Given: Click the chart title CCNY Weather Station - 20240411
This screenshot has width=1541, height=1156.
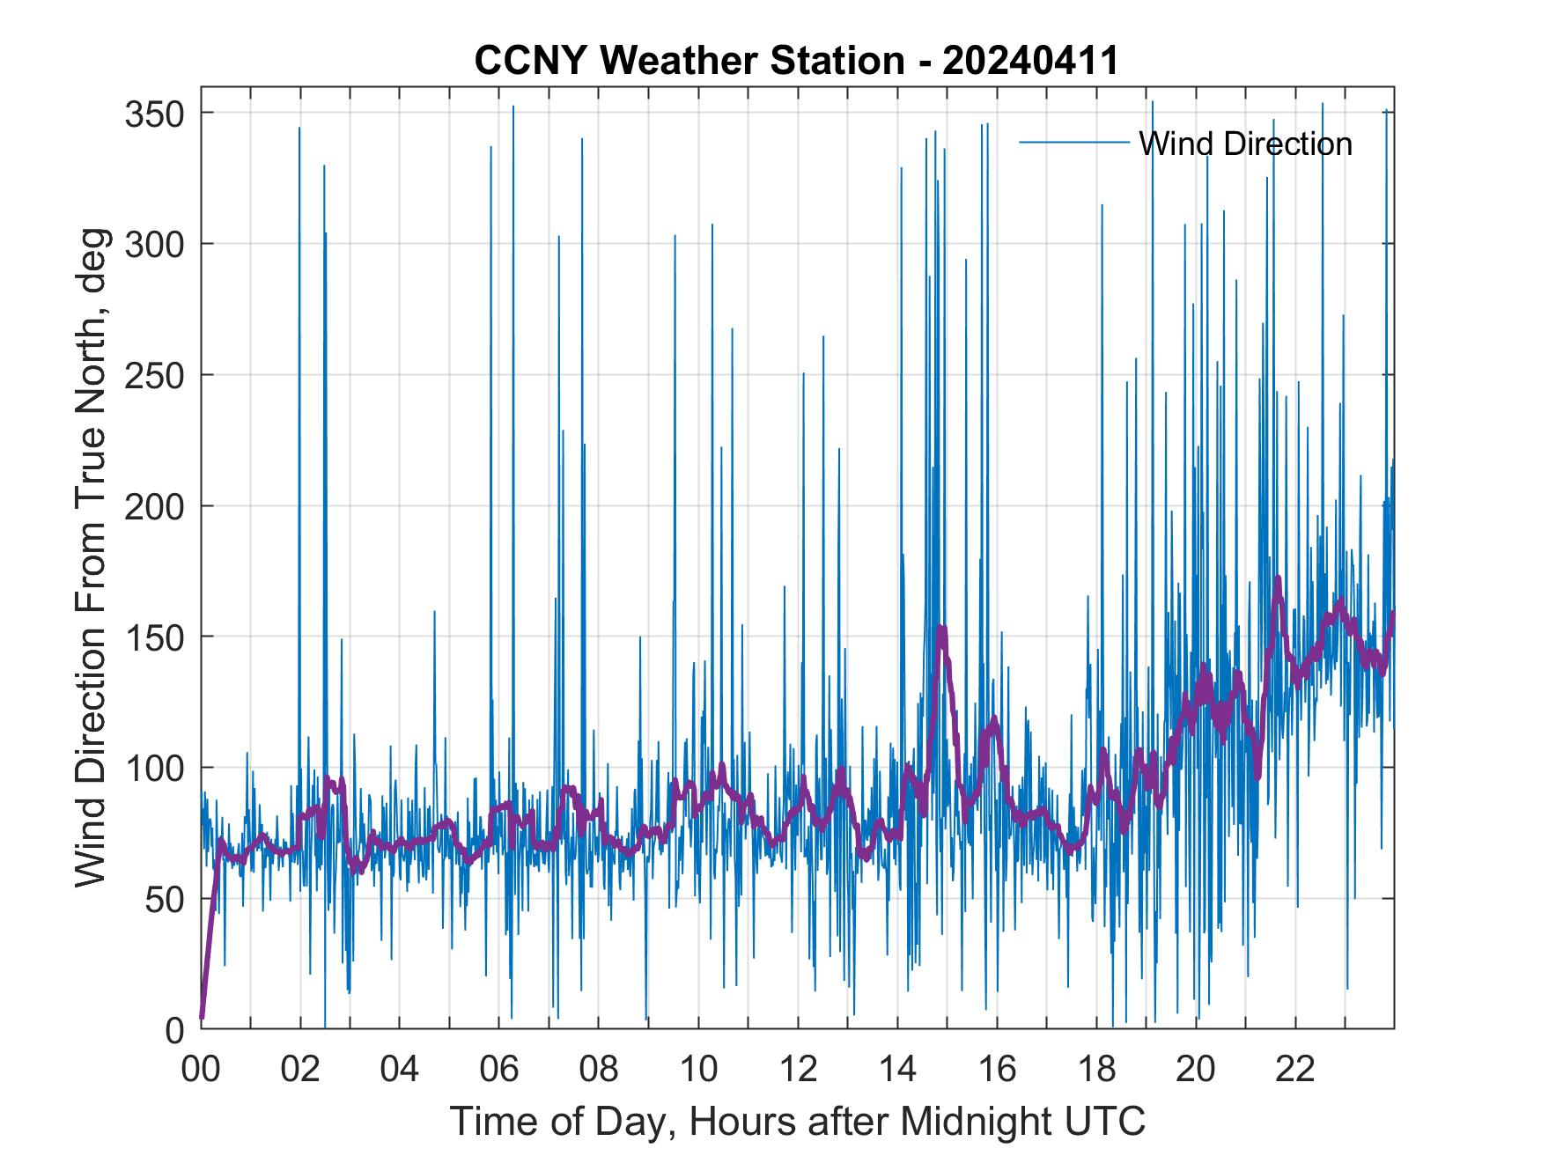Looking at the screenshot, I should [x=796, y=61].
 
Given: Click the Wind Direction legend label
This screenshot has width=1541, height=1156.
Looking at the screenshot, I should [x=1244, y=144].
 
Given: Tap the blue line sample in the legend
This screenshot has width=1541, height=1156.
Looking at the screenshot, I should [x=1073, y=143].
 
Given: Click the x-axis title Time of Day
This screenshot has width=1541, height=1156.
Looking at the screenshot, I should [x=797, y=1122].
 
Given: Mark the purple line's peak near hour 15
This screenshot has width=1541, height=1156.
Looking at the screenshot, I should [x=942, y=629].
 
